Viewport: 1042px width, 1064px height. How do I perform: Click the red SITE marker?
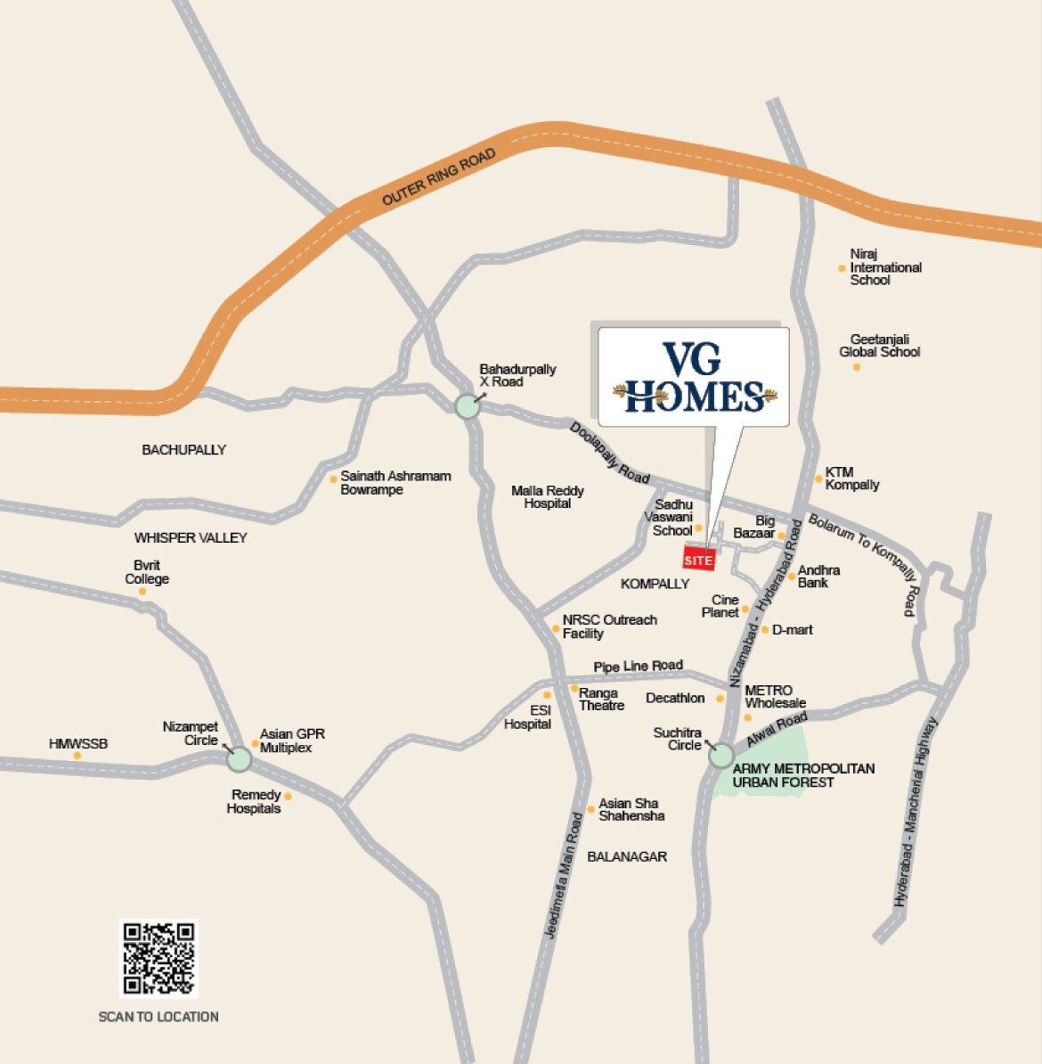pos(698,560)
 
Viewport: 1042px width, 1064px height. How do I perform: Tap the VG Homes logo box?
pos(693,376)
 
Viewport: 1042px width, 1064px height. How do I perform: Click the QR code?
pos(159,958)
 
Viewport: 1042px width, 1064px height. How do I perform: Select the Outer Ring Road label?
pos(438,178)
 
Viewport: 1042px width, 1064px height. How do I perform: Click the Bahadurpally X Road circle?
pos(467,406)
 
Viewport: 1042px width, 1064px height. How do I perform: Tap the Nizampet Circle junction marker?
pos(239,759)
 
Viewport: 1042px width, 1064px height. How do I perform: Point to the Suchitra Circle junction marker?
pos(720,756)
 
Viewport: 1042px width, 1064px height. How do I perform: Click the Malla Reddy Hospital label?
pos(548,497)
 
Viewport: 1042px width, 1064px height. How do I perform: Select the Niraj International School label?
pos(884,267)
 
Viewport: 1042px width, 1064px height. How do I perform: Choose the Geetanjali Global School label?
pos(879,346)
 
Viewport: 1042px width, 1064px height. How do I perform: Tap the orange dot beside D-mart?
pos(764,630)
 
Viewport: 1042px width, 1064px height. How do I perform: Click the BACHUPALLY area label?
pos(184,450)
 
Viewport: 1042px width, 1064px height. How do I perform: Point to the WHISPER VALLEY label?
pos(191,538)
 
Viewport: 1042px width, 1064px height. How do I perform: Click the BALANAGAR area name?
pos(627,856)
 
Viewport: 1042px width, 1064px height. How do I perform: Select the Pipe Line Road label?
pos(638,667)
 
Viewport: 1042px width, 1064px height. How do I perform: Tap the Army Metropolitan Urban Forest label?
pos(802,775)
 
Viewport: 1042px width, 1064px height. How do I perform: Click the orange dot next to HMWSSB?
pos(77,756)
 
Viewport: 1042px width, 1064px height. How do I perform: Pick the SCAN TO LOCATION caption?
pos(159,1017)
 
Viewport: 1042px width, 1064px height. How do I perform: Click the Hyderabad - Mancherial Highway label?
pos(917,813)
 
